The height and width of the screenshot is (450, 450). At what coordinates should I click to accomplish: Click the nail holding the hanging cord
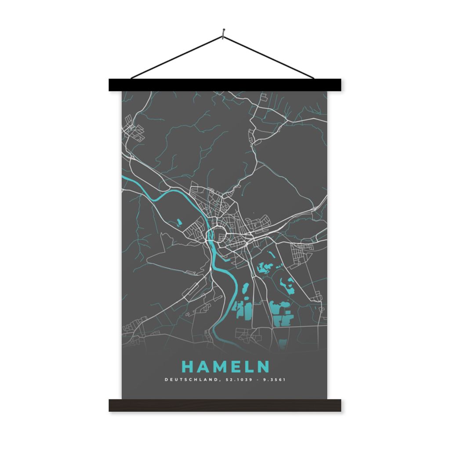click(x=224, y=31)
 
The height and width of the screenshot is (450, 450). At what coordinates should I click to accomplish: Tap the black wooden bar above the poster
click(x=225, y=85)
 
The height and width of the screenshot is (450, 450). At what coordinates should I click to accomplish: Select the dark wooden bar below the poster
click(x=225, y=405)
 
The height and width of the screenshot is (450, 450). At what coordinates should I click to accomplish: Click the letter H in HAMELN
click(x=186, y=367)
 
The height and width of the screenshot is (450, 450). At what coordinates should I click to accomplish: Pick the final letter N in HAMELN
click(x=263, y=367)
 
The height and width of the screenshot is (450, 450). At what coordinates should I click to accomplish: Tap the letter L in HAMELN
click(x=248, y=367)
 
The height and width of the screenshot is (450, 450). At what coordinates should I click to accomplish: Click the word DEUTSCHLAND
click(x=190, y=380)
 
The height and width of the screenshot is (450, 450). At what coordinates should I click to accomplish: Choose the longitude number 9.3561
click(x=273, y=380)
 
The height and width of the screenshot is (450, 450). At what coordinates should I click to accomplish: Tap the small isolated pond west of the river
click(x=178, y=222)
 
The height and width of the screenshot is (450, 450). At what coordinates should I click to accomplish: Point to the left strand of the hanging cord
click(x=176, y=58)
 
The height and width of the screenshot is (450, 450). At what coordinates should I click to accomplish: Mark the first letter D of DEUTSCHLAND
click(x=166, y=380)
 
